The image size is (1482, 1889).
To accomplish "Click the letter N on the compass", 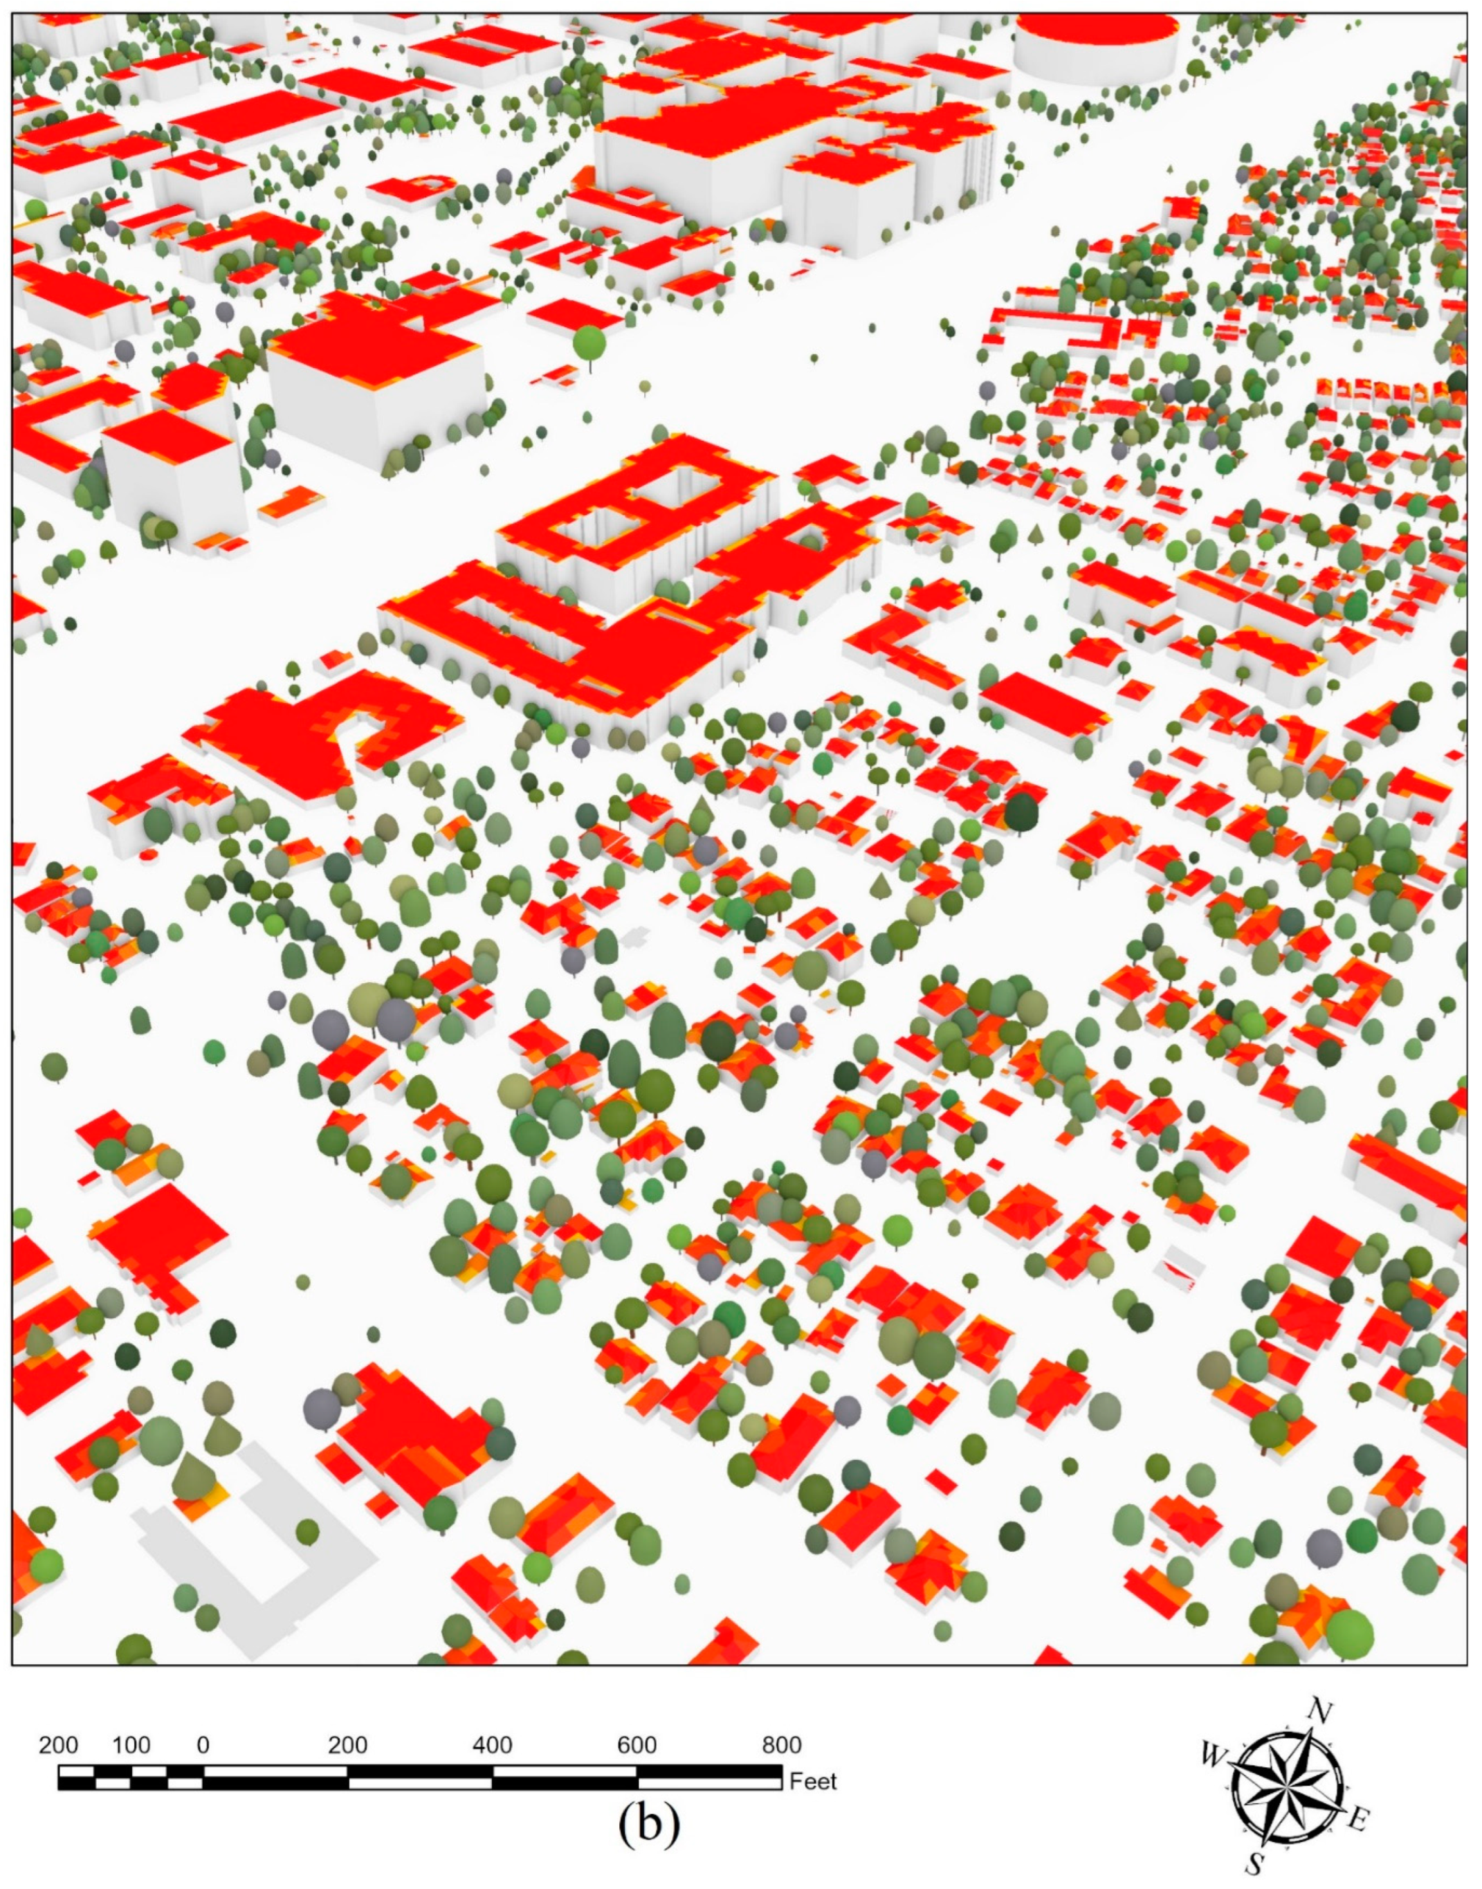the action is [1319, 1711].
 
